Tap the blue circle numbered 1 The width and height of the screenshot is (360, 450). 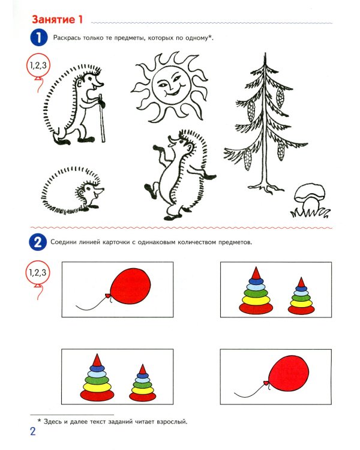point(38,38)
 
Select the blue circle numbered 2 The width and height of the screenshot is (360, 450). point(38,242)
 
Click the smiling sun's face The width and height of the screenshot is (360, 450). point(172,85)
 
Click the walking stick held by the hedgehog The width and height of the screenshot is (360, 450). point(102,118)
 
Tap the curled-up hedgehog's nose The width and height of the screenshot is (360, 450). point(102,190)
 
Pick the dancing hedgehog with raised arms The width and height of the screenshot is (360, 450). point(180,175)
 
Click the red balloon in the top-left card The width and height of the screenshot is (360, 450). point(131,286)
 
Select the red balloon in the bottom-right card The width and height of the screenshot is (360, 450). point(289,373)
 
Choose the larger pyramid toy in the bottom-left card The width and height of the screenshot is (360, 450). point(97,377)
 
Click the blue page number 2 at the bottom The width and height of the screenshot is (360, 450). point(33,431)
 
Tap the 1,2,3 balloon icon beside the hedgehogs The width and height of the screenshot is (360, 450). point(38,66)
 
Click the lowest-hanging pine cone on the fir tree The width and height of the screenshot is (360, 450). point(247,159)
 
